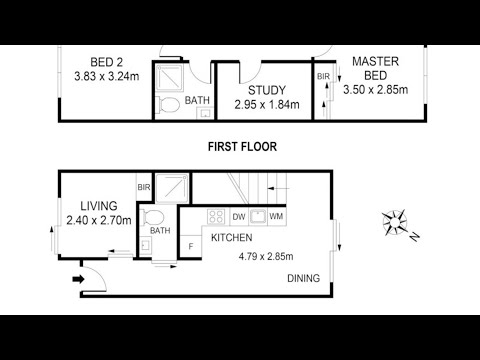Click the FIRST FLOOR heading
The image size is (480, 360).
[x=242, y=147]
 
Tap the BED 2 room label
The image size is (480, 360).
[x=107, y=62]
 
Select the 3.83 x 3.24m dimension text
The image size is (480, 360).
[x=107, y=76]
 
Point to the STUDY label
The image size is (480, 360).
[x=267, y=90]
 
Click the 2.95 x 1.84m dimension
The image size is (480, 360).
[x=267, y=105]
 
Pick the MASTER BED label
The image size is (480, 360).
[x=376, y=68]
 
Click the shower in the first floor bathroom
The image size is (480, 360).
[x=170, y=78]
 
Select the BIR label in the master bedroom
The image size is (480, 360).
[x=323, y=77]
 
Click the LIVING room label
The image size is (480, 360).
[x=99, y=206]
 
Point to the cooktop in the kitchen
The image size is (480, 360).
[x=216, y=216]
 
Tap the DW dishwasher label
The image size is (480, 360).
[x=239, y=217]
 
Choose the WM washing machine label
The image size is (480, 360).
[x=276, y=217]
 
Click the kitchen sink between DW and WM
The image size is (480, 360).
[x=257, y=216]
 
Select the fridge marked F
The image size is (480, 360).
[x=191, y=247]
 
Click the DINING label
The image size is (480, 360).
[x=304, y=278]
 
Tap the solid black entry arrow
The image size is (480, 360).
[x=79, y=279]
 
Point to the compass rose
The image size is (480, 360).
[x=395, y=223]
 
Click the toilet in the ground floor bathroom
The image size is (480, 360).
[x=153, y=218]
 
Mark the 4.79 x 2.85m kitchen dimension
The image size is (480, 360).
[x=266, y=256]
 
